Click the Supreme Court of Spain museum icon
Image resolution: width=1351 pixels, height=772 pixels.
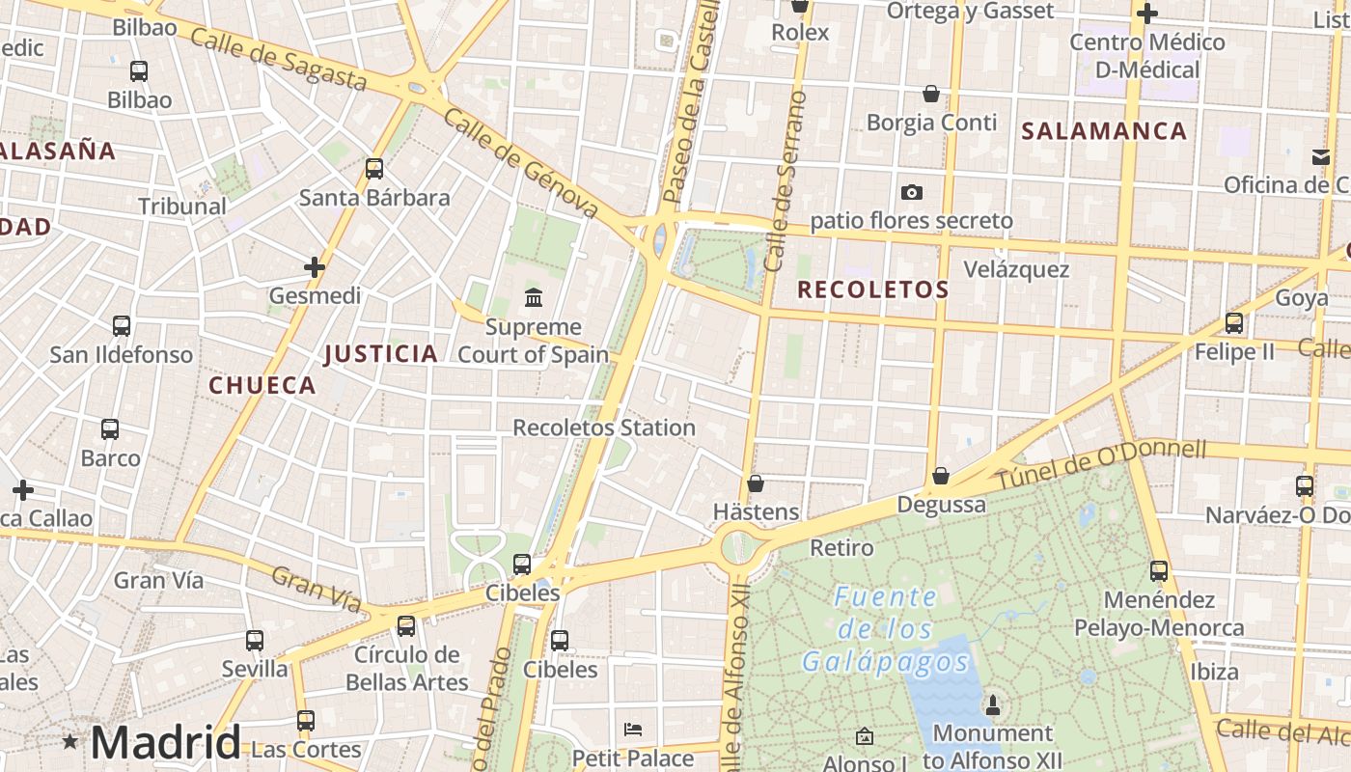(533, 297)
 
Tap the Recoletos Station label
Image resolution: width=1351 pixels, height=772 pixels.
(603, 427)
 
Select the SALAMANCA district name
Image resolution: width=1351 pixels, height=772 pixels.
(1104, 131)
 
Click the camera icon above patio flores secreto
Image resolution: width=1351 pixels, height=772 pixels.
(911, 193)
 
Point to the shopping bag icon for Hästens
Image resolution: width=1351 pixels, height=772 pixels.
(756, 483)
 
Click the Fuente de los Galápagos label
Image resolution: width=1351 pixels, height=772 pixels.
(885, 629)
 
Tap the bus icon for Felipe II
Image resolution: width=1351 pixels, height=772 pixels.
(1233, 323)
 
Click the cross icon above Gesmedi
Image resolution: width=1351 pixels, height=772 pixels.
(315, 267)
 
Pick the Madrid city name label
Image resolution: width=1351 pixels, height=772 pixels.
(165, 743)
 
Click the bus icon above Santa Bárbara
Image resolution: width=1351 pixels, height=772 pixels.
(374, 169)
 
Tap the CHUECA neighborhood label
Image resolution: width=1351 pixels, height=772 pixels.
(262, 386)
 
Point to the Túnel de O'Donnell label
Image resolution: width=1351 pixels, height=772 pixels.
(1101, 465)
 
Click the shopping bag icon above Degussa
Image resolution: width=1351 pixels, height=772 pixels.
(941, 476)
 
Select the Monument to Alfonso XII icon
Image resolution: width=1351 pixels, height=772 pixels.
(992, 704)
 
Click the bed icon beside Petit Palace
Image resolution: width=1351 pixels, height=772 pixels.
(633, 729)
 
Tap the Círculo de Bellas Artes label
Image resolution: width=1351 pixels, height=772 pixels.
(406, 668)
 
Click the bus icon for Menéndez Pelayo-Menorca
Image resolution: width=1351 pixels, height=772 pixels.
(1159, 571)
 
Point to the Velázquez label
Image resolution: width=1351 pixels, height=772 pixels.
(1016, 269)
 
